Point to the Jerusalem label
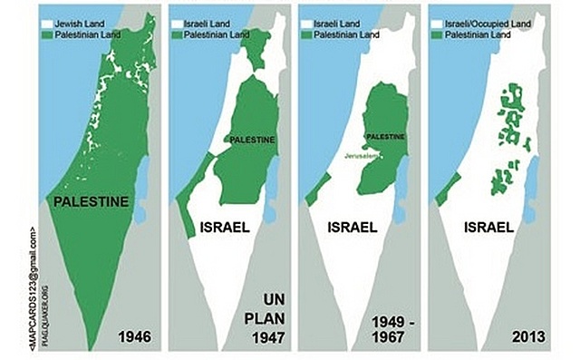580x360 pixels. (x=359, y=156)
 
